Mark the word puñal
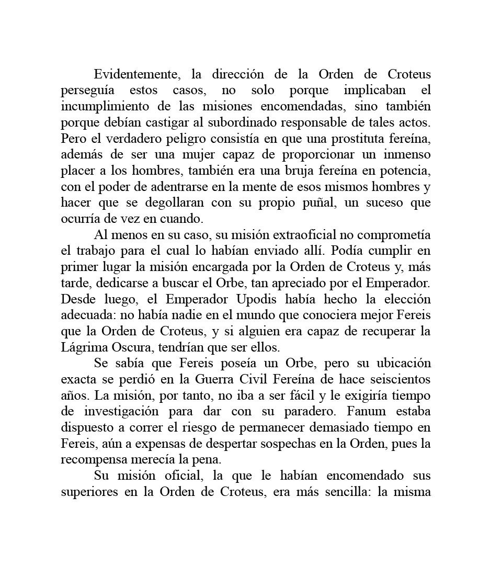[x=318, y=203]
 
